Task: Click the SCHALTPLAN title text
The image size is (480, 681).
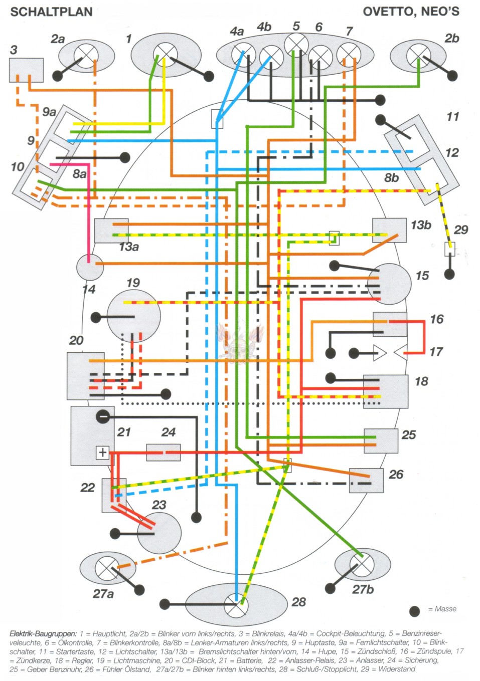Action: (x=51, y=12)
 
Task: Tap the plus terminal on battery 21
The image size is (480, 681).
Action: (x=102, y=452)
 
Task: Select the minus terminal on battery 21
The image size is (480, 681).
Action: (x=102, y=416)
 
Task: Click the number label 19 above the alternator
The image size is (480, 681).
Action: (x=133, y=283)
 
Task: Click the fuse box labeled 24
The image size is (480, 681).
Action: (x=164, y=452)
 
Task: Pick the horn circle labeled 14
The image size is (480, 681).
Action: (x=90, y=267)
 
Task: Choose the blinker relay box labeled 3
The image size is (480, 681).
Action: (x=26, y=70)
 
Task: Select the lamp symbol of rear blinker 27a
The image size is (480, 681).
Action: (x=106, y=567)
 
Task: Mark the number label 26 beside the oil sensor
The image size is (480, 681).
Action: (x=396, y=475)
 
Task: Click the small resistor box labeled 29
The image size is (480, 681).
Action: (x=450, y=250)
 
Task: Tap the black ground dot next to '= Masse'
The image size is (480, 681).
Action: (x=415, y=611)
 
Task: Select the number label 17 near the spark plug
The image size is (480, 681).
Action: (x=436, y=352)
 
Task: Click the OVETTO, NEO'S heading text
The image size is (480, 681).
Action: (x=411, y=12)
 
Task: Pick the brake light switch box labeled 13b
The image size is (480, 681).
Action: (x=389, y=231)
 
